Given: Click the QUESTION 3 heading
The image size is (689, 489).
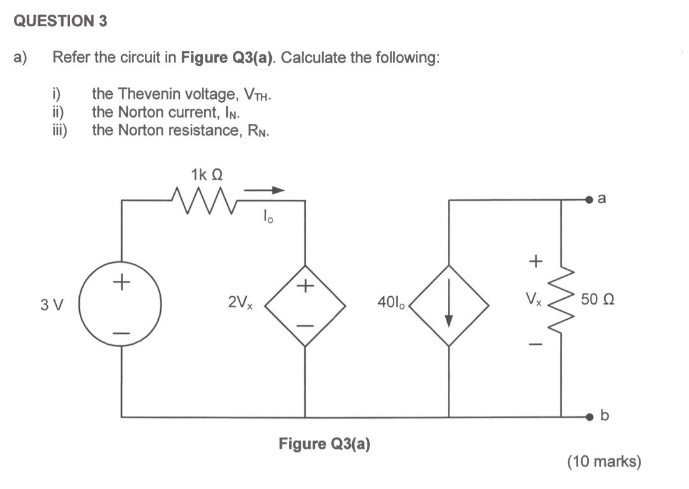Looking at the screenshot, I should [x=60, y=21].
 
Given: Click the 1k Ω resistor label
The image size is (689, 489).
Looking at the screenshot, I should [x=206, y=174].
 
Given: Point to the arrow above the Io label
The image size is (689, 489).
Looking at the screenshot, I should [x=264, y=190].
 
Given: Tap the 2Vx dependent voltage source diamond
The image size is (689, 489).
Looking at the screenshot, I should [x=305, y=306].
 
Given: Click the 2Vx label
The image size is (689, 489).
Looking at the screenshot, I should [x=241, y=302].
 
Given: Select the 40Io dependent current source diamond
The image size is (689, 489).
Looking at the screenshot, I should [x=449, y=306].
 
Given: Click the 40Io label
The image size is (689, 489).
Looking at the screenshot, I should [x=392, y=302].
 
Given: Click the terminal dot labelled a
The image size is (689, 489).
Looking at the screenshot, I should [x=591, y=200].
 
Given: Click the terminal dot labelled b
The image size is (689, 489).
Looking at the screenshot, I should [x=591, y=417].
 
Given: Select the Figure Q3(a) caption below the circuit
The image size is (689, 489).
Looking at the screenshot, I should [x=324, y=443].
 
